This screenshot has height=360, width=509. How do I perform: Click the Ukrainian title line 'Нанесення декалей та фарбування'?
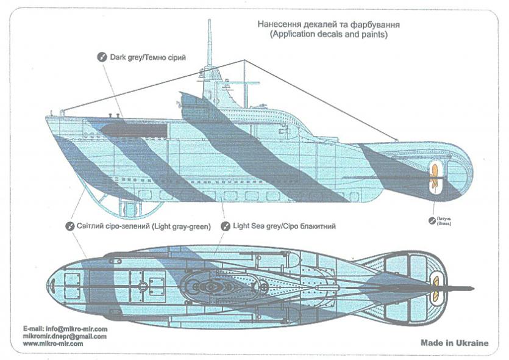pyautogui.click(x=328, y=24)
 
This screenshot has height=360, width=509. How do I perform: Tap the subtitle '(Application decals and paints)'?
pyautogui.click(x=329, y=34)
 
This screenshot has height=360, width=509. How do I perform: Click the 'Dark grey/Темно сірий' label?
pyautogui.click(x=148, y=57)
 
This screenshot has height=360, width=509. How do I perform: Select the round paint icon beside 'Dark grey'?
pyautogui.click(x=102, y=57)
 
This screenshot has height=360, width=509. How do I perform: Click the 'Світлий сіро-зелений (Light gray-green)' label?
pyautogui.click(x=143, y=226)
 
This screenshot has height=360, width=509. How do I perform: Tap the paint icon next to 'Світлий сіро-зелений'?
pyautogui.click(x=69, y=226)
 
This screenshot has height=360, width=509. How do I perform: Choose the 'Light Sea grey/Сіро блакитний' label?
pyautogui.click(x=284, y=226)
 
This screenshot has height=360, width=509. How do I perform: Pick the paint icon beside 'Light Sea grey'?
pyautogui.click(x=226, y=226)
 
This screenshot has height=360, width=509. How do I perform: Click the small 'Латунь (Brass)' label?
pyautogui.click(x=444, y=221)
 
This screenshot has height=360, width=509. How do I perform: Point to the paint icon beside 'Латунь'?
pyautogui.click(x=432, y=221)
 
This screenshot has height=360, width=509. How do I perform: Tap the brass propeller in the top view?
pyautogui.click(x=435, y=289)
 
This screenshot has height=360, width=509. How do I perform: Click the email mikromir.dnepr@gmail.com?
pyautogui.click(x=65, y=336)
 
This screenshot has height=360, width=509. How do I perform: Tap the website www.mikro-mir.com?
pyautogui.click(x=53, y=344)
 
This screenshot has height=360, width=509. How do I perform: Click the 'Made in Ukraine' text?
pyautogui.click(x=455, y=343)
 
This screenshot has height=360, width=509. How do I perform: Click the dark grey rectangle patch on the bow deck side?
pyautogui.click(x=133, y=130)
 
